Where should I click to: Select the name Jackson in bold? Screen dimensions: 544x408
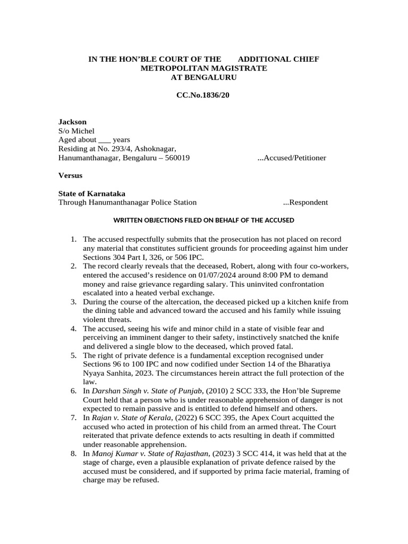(72, 122)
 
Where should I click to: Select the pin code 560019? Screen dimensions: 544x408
(174, 158)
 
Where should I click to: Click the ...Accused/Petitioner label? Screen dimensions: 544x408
(291, 158)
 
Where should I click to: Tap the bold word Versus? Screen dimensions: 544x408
(70, 175)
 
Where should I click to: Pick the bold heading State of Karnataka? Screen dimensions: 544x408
(91, 193)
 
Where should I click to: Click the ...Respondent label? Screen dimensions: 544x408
(305, 202)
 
